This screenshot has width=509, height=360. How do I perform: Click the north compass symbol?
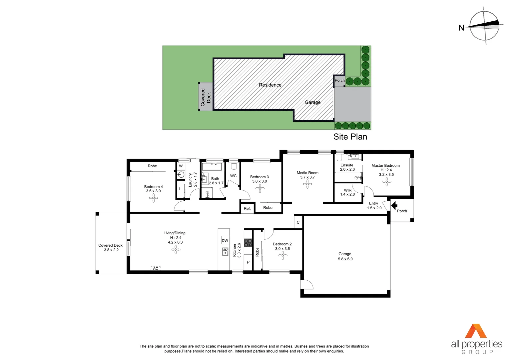pyautogui.click(x=485, y=26)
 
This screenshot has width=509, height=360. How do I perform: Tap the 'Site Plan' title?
pyautogui.click(x=350, y=137)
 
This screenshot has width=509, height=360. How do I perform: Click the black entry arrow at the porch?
pyautogui.click(x=394, y=206)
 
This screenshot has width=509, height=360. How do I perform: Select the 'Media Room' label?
pyautogui.click(x=307, y=173)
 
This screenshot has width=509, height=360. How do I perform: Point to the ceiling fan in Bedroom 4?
pyautogui.click(x=154, y=198)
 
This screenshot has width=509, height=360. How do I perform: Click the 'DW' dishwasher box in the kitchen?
pyautogui.click(x=225, y=240)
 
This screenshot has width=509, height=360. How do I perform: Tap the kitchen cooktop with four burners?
pyautogui.click(x=248, y=242)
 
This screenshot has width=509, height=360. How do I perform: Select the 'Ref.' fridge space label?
pyautogui.click(x=247, y=209)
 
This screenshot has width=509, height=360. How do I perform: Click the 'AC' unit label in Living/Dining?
pyautogui.click(x=156, y=268)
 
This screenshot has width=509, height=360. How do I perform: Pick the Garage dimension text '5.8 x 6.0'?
pyautogui.click(x=345, y=259)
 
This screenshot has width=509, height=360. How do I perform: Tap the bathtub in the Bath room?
pyautogui.click(x=212, y=166)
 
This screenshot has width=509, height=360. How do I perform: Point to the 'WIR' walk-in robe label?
pyautogui.click(x=347, y=190)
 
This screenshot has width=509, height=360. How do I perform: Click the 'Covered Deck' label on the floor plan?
pyautogui.click(x=111, y=245)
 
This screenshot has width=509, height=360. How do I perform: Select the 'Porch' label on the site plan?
pyautogui.click(x=339, y=80)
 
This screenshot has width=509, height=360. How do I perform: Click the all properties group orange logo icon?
pyautogui.click(x=476, y=331)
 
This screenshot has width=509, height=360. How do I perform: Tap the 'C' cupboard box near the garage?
pyautogui.click(x=298, y=222)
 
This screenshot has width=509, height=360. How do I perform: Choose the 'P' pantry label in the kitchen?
pyautogui.click(x=248, y=262)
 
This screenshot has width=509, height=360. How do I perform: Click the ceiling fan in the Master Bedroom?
pyautogui.click(x=387, y=182)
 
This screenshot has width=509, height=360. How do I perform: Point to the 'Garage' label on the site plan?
pyautogui.click(x=312, y=102)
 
